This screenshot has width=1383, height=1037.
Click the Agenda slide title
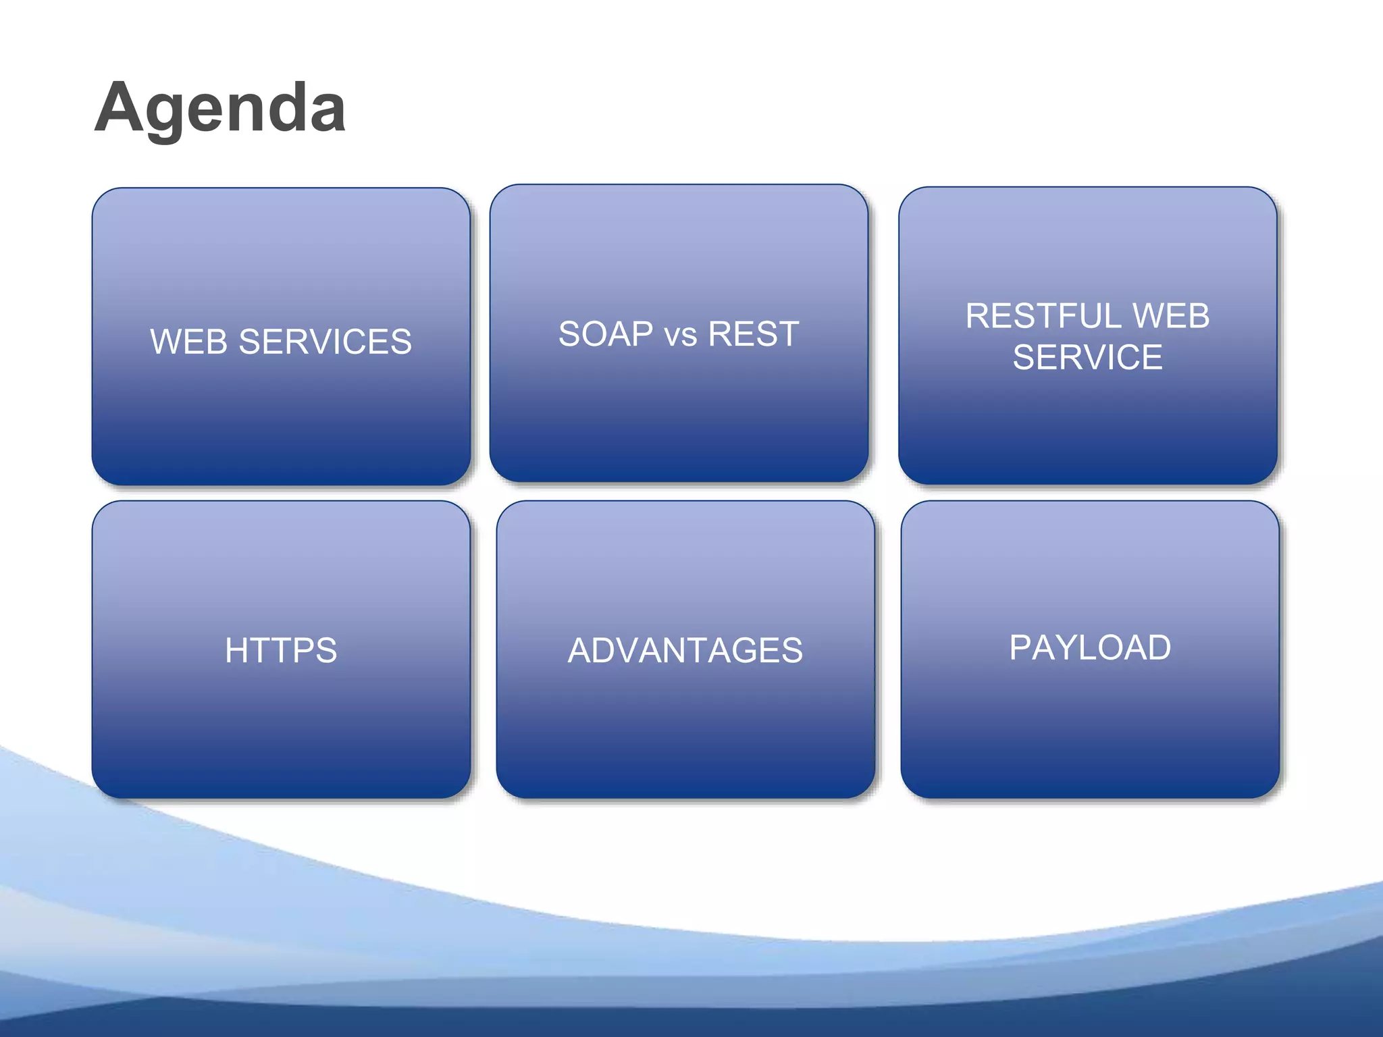220,108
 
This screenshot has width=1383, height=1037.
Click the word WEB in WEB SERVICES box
188,342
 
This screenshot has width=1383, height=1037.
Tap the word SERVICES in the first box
325,342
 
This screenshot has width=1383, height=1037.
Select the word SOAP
606,334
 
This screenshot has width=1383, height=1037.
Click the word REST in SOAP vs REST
754,334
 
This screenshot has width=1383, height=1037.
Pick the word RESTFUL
1043,316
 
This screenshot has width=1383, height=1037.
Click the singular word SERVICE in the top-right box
1087,357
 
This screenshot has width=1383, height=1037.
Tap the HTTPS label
281,651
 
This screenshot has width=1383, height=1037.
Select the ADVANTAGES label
685,651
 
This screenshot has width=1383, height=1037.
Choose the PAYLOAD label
1090,647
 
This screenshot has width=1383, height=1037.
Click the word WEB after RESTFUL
1171,316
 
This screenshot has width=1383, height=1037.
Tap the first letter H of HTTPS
237,651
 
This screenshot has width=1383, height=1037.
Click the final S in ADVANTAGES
791,651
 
